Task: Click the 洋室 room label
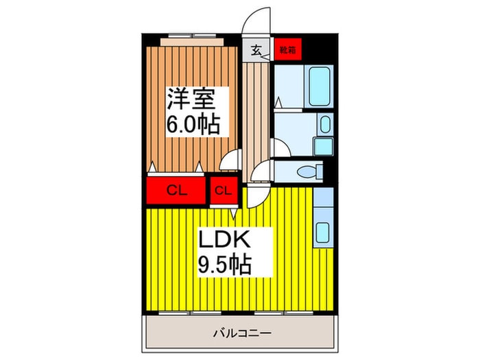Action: pyautogui.click(x=190, y=99)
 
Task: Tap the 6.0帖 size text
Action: pyautogui.click(x=193, y=124)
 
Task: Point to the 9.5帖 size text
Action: pyautogui.click(x=225, y=264)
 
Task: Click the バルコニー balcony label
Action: pyautogui.click(x=242, y=333)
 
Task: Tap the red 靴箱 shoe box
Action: pyautogui.click(x=288, y=49)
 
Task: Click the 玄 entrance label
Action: pyautogui.click(x=256, y=50)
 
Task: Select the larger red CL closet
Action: pyautogui.click(x=176, y=191)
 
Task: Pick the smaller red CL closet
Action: pyautogui.click(x=224, y=191)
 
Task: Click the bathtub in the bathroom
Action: pyautogui.click(x=320, y=86)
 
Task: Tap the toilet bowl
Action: pyautogui.click(x=308, y=171)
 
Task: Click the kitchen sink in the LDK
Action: pyautogui.click(x=322, y=232)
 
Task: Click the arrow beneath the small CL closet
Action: pyautogui.click(x=234, y=214)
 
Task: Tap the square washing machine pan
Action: pyautogui.click(x=324, y=146)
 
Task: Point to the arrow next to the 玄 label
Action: pyautogui.click(x=266, y=56)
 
